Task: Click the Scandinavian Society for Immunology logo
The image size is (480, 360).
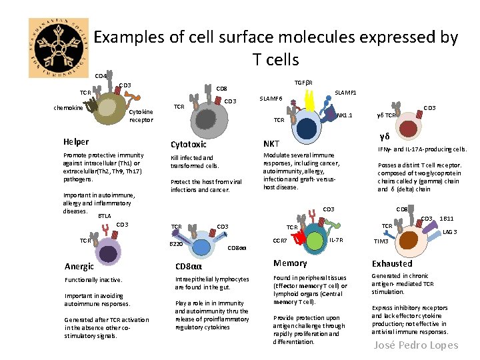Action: [x=59, y=48]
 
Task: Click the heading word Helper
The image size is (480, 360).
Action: [x=76, y=142]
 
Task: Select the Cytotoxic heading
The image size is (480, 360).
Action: [x=189, y=144]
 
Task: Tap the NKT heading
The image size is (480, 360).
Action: [x=272, y=143]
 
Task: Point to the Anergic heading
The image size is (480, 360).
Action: [x=79, y=267]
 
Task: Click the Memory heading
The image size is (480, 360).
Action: [x=291, y=263]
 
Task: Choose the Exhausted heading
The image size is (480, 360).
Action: [x=392, y=263]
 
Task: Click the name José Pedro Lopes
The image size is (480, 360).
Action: [x=416, y=345]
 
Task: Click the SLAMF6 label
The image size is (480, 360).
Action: [x=271, y=99]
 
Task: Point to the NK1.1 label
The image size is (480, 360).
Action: [x=345, y=115]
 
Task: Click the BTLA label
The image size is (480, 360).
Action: [x=105, y=216]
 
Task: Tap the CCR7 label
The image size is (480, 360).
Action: [x=280, y=240]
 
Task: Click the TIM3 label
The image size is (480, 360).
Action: [x=381, y=241]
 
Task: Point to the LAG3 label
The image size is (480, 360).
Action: [x=450, y=231]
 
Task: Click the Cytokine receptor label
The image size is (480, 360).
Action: [x=141, y=116]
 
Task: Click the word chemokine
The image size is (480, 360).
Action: [x=68, y=107]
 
